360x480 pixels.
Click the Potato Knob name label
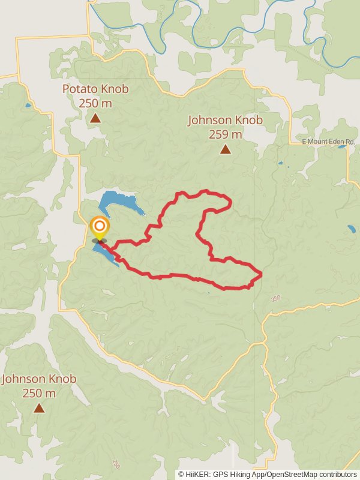(x=95, y=89)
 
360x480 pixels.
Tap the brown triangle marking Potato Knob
(x=95, y=118)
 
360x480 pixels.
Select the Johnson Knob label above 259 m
(x=225, y=120)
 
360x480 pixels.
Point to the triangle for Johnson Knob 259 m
(x=225, y=149)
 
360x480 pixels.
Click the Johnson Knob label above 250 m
(x=39, y=379)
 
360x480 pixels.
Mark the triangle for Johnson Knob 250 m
(x=39, y=408)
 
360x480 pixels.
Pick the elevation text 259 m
(x=225, y=134)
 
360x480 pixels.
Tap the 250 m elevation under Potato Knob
(x=95, y=103)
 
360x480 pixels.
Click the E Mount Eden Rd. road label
(x=328, y=142)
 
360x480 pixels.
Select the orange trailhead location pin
(x=99, y=228)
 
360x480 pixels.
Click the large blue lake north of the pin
(x=120, y=203)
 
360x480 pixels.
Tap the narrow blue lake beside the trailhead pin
(x=106, y=254)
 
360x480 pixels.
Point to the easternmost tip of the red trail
(x=262, y=275)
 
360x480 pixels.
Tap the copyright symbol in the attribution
(x=181, y=474)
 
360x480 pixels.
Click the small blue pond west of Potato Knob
(x=28, y=106)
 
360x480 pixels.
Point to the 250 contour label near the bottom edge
(x=116, y=464)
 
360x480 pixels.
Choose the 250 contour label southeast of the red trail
(x=275, y=298)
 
